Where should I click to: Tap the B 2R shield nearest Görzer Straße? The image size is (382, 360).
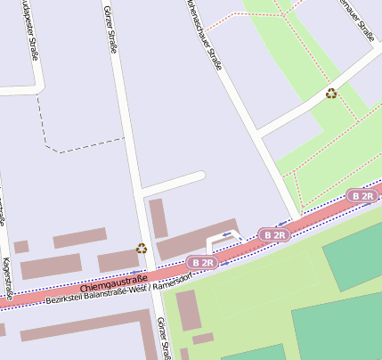coord(203,263)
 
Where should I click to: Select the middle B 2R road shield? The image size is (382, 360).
coord(274,234)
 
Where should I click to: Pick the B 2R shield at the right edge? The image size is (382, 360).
coord(362,195)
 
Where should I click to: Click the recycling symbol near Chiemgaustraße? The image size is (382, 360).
coord(142,249)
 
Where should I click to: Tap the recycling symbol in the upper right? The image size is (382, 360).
coord(331,93)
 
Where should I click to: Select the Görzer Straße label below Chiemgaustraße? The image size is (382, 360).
coord(161,338)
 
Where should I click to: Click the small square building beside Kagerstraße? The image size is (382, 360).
coord(20,247)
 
